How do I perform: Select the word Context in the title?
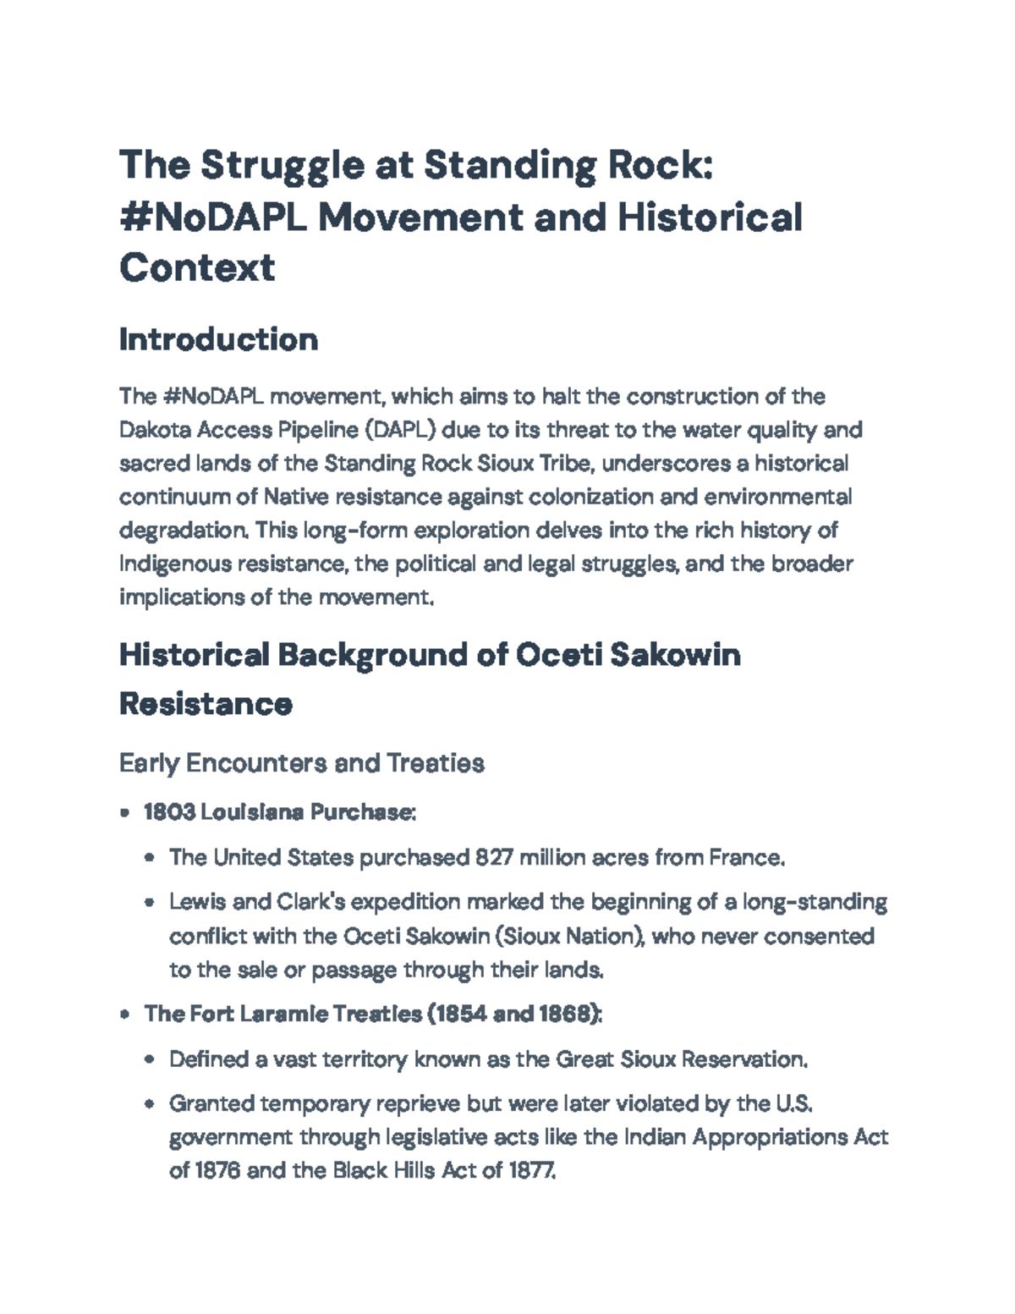[x=197, y=267]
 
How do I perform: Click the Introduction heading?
[x=218, y=339]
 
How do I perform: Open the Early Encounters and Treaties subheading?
[x=302, y=763]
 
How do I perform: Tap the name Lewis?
[x=197, y=902]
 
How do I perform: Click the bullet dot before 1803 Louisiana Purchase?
[x=125, y=813]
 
